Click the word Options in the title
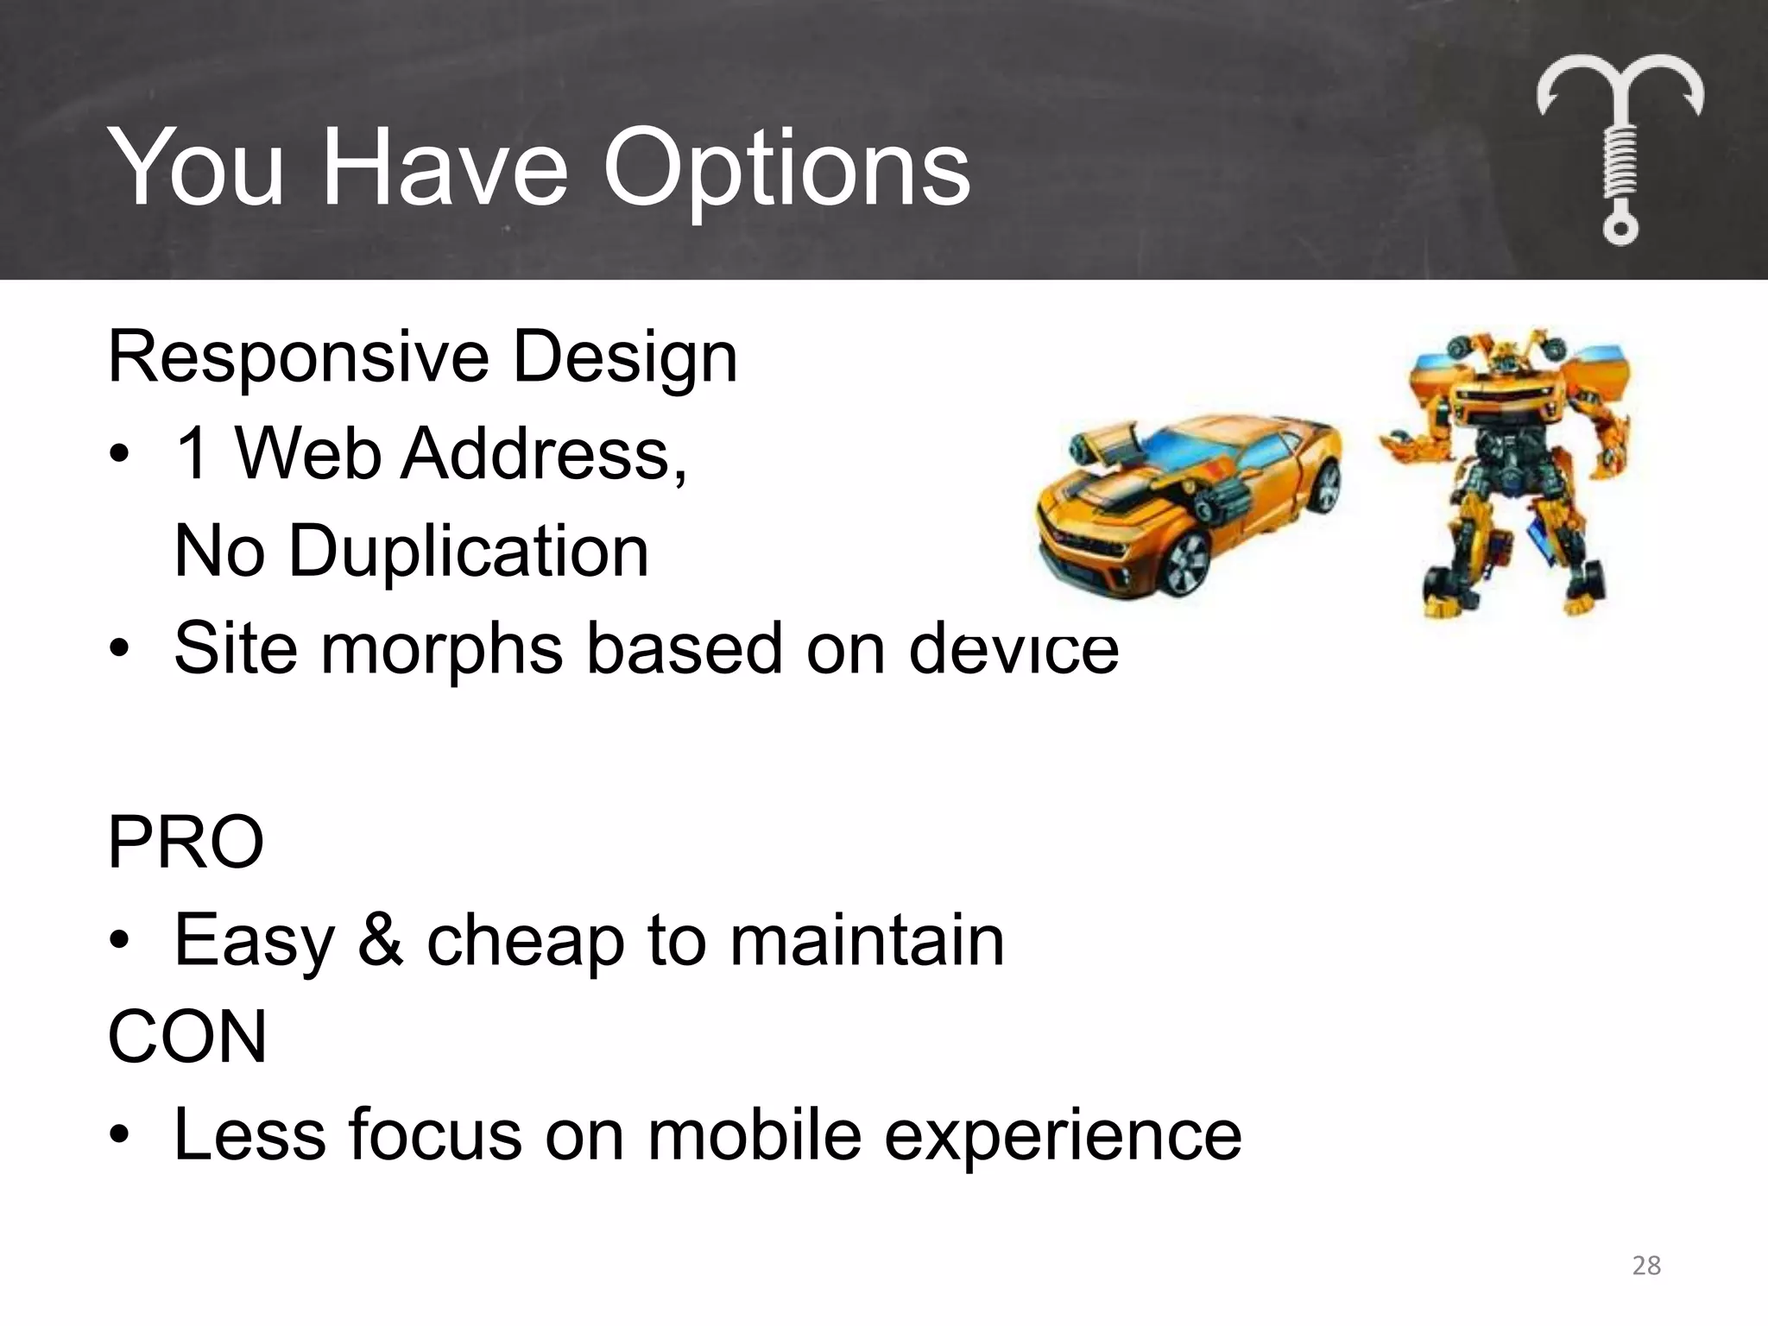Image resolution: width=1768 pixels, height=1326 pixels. click(x=786, y=168)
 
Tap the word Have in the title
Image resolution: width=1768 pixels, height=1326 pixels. click(x=444, y=168)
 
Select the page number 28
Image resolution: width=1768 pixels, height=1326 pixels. click(x=1646, y=1266)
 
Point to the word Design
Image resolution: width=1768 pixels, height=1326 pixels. click(x=625, y=358)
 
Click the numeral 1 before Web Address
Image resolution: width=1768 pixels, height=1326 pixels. click(x=192, y=454)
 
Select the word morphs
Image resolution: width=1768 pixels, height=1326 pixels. click(x=441, y=649)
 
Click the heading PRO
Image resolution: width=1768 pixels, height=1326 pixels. click(x=185, y=843)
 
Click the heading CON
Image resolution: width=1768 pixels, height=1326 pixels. click(x=186, y=1037)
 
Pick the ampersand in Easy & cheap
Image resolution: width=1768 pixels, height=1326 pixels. click(x=380, y=940)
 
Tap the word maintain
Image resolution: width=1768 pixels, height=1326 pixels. click(x=867, y=940)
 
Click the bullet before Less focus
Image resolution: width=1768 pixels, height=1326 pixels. click(x=120, y=1135)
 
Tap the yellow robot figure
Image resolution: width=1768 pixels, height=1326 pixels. click(x=1506, y=470)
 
